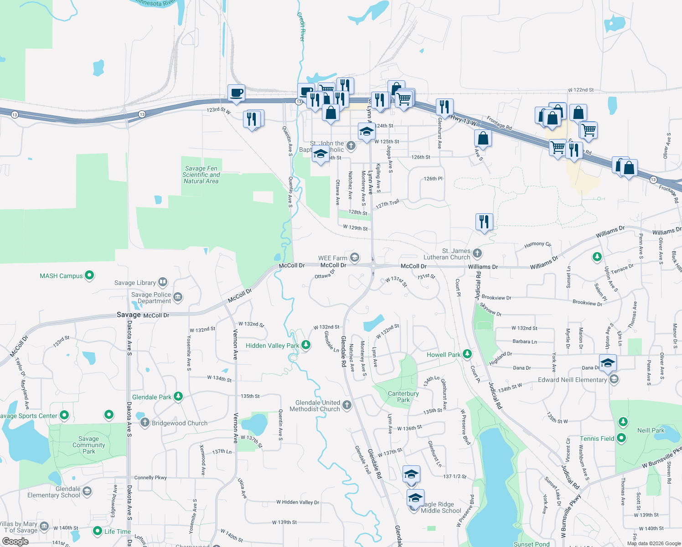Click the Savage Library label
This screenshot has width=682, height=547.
[135, 283]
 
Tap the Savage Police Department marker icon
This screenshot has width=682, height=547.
[178, 297]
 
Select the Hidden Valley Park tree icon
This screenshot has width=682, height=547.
[306, 345]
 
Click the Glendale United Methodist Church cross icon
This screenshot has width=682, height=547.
[347, 405]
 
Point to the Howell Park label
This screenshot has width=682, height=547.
[443, 355]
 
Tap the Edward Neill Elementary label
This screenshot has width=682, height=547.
[572, 380]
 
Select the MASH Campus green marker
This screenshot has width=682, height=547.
[89, 275]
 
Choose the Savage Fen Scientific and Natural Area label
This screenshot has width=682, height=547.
[201, 175]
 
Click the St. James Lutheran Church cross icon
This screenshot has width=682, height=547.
[477, 253]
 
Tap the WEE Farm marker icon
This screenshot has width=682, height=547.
[355, 258]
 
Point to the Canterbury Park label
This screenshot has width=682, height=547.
[403, 397]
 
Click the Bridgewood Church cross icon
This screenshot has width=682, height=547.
[145, 423]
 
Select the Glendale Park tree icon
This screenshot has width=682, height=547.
[178, 397]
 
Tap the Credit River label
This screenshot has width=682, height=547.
[301, 26]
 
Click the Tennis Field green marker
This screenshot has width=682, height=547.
[621, 438]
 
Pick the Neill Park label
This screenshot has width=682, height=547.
[651, 430]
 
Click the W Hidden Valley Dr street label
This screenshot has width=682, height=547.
[298, 502]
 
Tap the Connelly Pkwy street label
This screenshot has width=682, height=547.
[150, 478]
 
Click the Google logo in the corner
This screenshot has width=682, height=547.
[15, 542]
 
